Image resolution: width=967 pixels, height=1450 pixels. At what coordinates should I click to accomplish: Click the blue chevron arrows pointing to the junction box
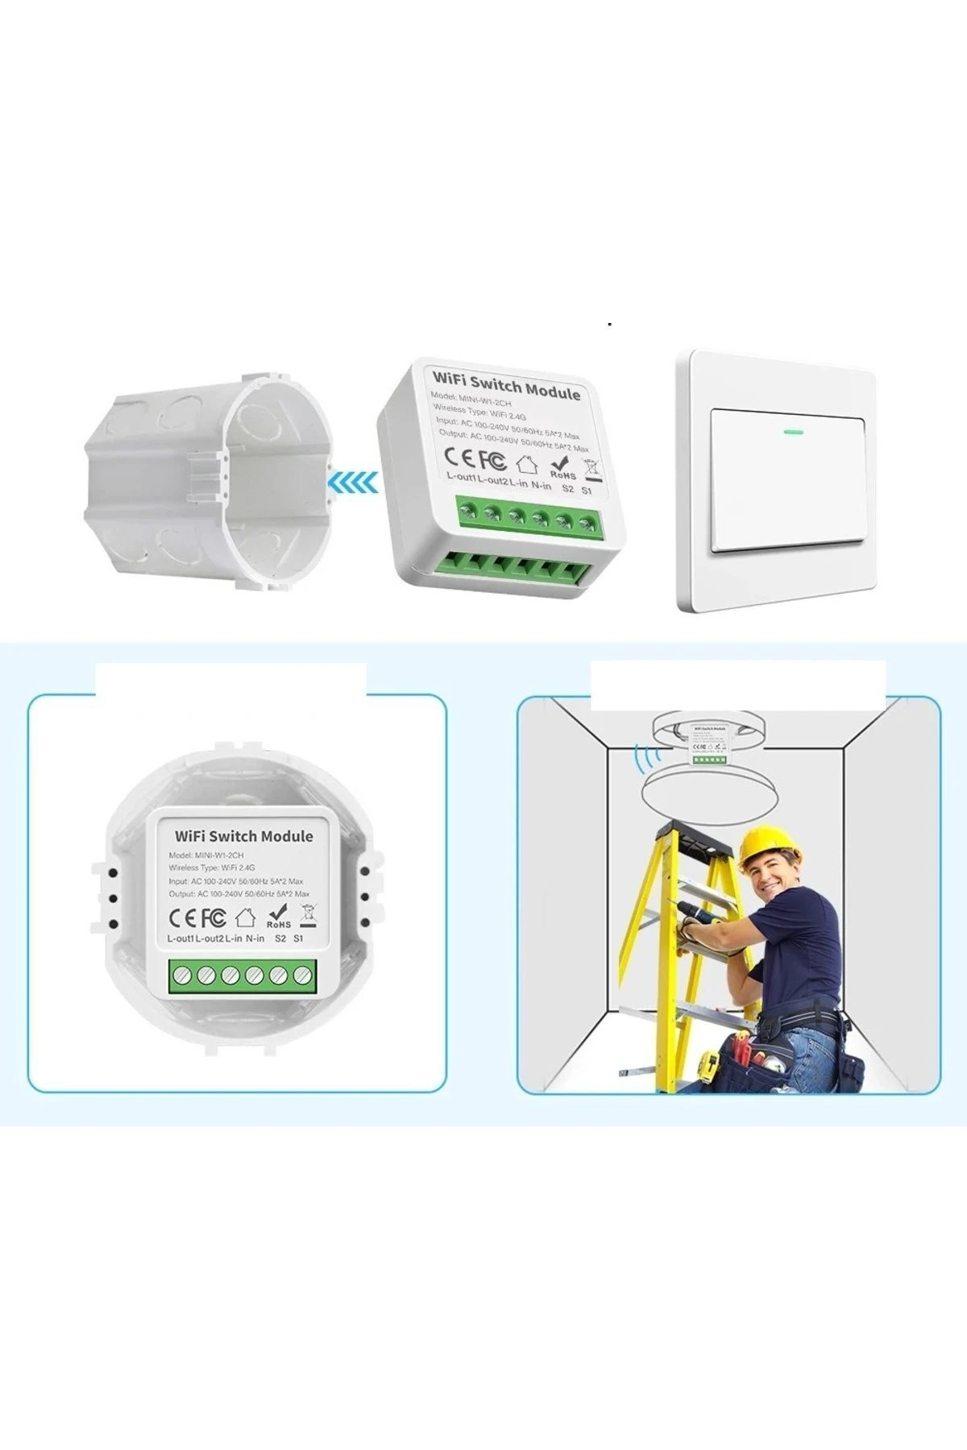tap(353, 483)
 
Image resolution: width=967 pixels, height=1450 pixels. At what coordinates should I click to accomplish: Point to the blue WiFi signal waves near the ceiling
tap(644, 756)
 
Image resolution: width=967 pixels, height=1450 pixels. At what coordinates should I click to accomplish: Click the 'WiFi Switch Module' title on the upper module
tap(506, 385)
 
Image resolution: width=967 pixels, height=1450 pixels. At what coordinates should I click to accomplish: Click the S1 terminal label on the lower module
tap(299, 938)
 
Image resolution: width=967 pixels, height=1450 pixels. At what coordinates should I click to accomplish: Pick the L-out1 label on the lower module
tap(181, 938)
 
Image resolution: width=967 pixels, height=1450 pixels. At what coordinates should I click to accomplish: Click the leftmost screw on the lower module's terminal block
tap(181, 974)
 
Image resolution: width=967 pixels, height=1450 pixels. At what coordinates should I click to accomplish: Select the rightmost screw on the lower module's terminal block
tap(302, 975)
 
